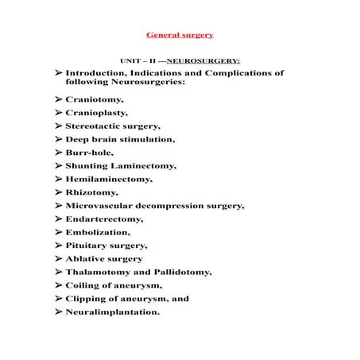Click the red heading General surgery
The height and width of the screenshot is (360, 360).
180,36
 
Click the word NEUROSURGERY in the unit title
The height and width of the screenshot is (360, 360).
203,60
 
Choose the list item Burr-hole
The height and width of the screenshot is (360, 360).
90,152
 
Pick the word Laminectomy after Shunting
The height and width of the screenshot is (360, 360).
145,165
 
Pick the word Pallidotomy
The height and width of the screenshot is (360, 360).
181,272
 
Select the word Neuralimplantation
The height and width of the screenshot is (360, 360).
113,312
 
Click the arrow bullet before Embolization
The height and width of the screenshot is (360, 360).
59,232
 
